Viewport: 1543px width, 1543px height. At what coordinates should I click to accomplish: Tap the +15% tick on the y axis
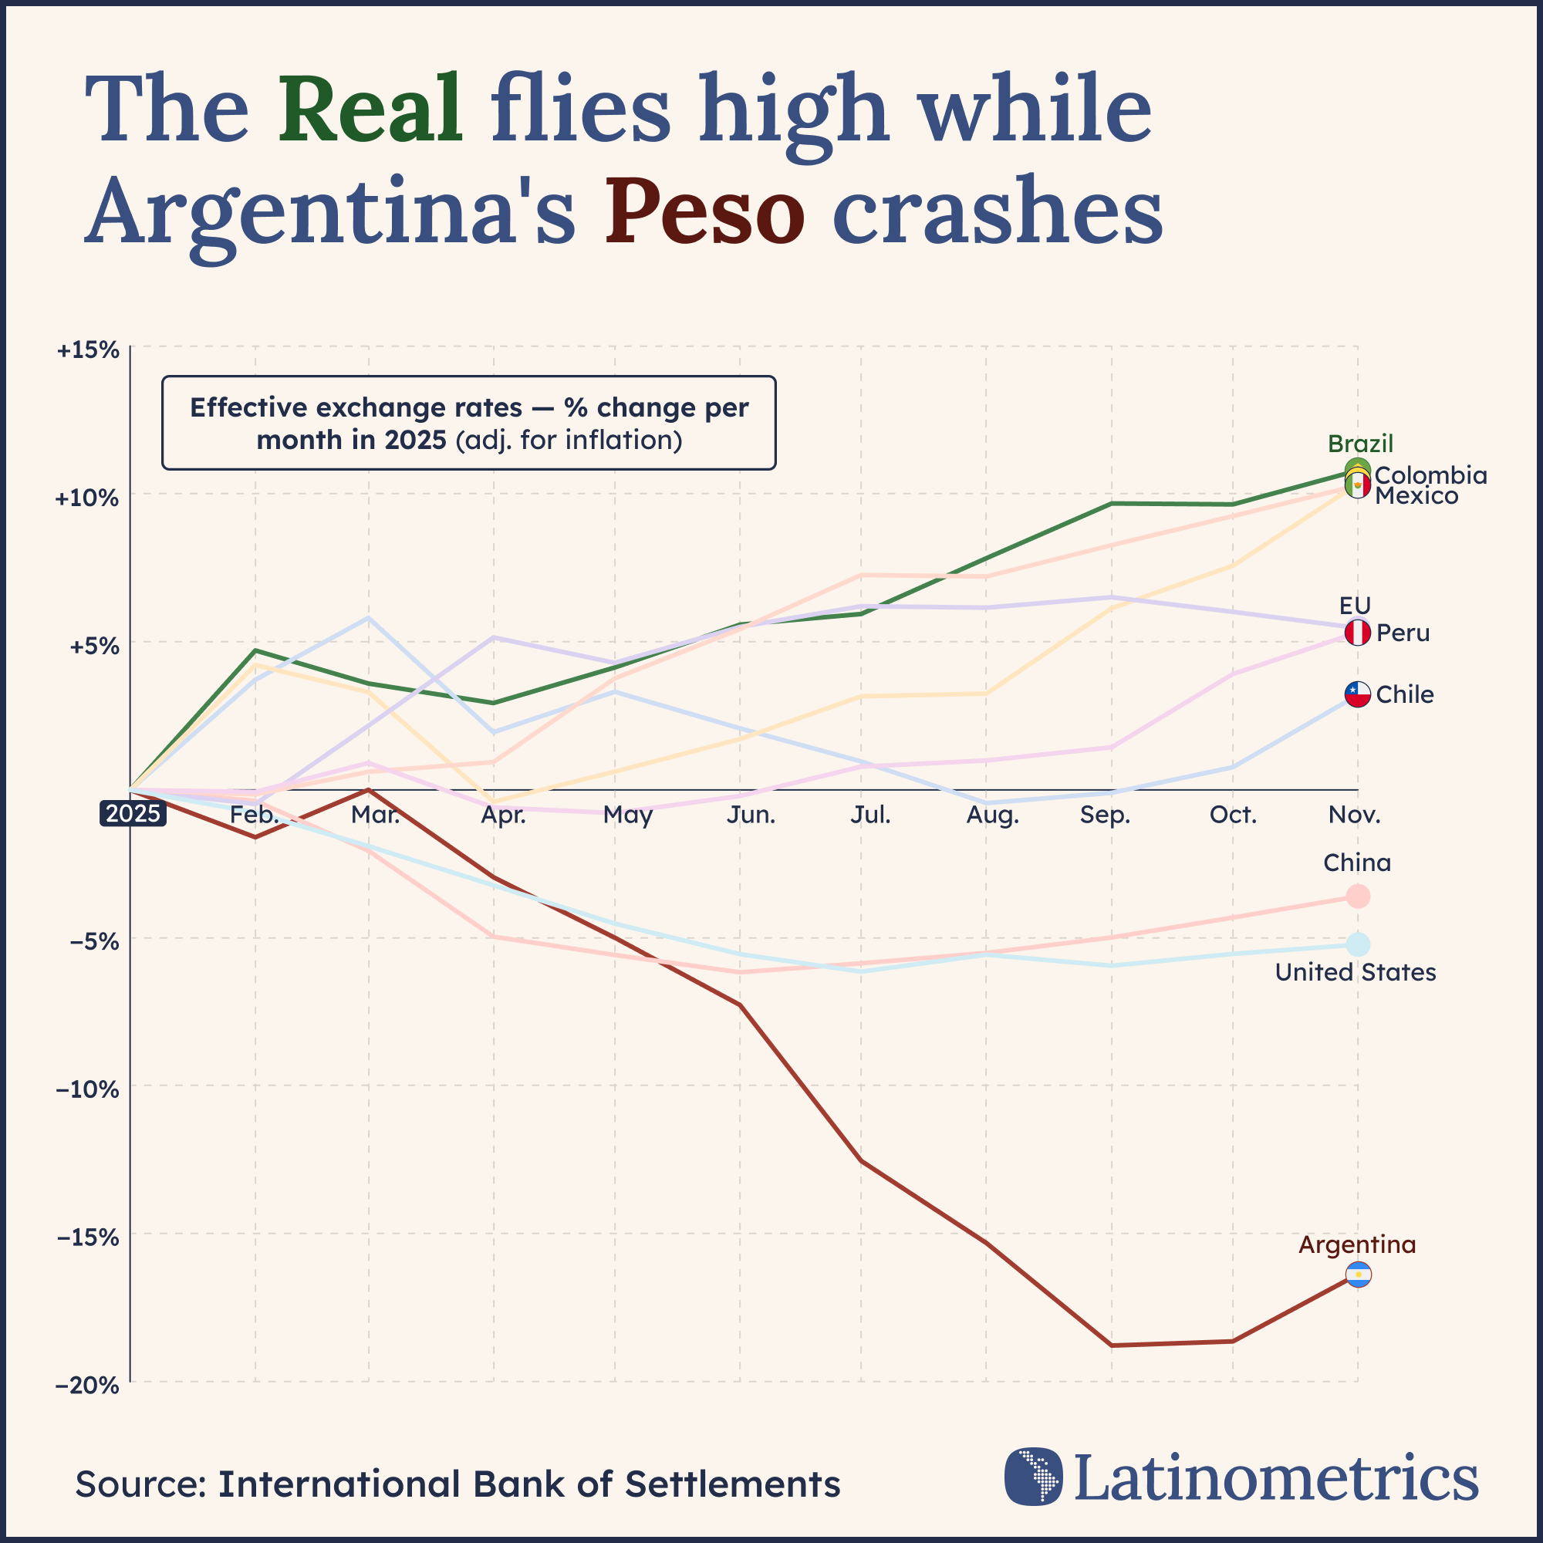(x=88, y=349)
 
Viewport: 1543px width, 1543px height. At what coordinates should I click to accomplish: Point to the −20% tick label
(x=88, y=1385)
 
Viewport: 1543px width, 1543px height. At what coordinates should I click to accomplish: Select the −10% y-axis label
(x=88, y=1089)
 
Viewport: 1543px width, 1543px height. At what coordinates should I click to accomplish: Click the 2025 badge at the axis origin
(x=133, y=814)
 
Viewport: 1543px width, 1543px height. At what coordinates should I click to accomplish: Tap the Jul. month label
(x=869, y=815)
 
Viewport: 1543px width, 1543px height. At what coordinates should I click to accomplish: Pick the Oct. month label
(x=1233, y=815)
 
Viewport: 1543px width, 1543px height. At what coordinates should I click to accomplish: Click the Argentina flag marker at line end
(x=1358, y=1275)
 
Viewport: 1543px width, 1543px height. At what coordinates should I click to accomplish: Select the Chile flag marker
(x=1358, y=694)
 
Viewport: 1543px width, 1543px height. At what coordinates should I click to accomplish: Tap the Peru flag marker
(x=1358, y=633)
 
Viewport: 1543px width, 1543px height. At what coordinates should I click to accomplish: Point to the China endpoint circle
(x=1358, y=896)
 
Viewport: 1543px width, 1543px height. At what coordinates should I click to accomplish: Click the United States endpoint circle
(x=1358, y=945)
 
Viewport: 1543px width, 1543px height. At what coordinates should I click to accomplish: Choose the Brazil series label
(x=1360, y=444)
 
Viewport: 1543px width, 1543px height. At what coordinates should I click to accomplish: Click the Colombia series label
(x=1430, y=476)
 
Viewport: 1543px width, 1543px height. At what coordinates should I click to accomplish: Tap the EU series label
(x=1356, y=606)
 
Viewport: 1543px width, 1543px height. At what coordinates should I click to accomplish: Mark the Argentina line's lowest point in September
(x=1112, y=1345)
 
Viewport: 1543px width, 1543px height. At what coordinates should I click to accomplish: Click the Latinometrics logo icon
(x=1034, y=1477)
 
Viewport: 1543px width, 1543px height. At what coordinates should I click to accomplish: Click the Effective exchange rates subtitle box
(x=469, y=423)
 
